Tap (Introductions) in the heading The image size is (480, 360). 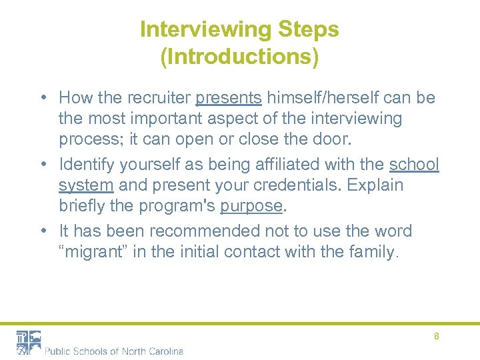tap(239, 57)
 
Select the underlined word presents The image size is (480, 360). tap(228, 98)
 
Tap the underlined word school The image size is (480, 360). tap(414, 163)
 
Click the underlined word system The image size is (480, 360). tap(86, 185)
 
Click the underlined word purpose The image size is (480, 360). tap(251, 206)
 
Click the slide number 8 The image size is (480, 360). tap(437, 337)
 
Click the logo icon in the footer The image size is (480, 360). tap(29, 342)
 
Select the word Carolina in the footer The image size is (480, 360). tap(162, 351)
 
